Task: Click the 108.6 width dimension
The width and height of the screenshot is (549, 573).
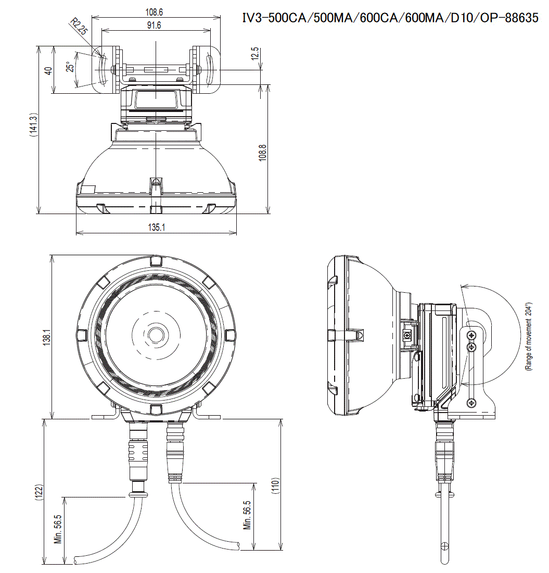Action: tap(156, 11)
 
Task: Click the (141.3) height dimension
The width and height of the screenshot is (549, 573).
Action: tap(33, 124)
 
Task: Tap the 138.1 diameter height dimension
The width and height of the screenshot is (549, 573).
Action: tap(46, 338)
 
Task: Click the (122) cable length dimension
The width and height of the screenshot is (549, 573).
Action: tap(37, 492)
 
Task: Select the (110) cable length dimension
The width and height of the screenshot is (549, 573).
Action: tap(275, 485)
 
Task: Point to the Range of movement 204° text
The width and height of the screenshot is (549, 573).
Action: tap(529, 337)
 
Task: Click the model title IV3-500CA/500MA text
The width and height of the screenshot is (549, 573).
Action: tap(390, 19)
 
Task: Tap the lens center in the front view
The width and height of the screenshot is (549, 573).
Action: tap(156, 334)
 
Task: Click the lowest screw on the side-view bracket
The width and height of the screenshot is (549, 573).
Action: tap(471, 402)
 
